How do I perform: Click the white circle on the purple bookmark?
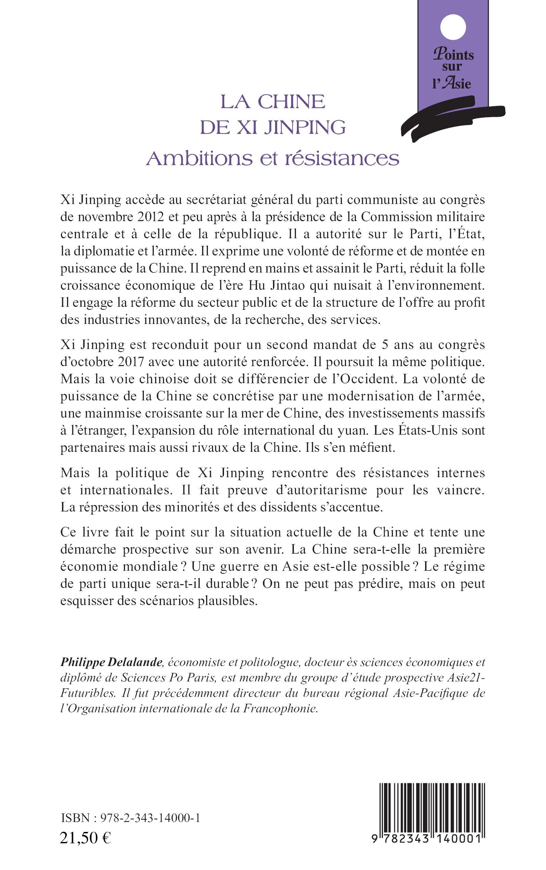click(453, 27)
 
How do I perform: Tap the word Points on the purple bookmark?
click(454, 55)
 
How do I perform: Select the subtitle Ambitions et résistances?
click(273, 158)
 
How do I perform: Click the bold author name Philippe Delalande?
click(111, 662)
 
